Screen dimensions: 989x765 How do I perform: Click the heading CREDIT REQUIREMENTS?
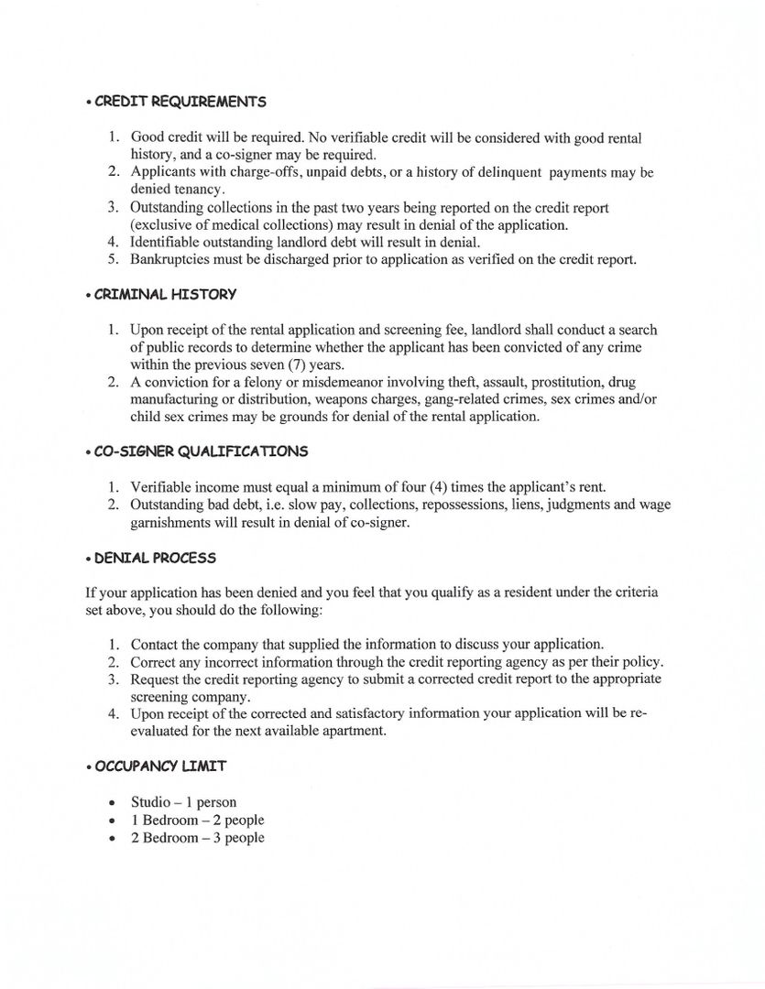click(180, 102)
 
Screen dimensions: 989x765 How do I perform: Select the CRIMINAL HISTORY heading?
click(165, 295)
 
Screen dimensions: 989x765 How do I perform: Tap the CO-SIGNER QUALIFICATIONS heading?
click(202, 451)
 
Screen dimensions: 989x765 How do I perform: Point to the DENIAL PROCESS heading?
click(155, 558)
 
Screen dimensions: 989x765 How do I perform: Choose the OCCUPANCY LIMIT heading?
click(160, 766)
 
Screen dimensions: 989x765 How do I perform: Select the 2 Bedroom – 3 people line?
click(197, 838)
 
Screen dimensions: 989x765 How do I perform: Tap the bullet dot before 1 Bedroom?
click(111, 821)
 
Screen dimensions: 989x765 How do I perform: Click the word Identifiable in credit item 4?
click(166, 242)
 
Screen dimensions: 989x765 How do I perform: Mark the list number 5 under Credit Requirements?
click(113, 259)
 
